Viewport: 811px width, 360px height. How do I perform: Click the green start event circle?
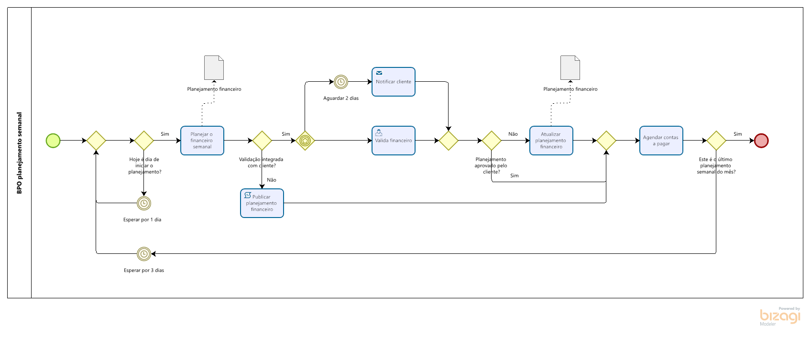(53, 141)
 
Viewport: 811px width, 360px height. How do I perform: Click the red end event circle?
(761, 141)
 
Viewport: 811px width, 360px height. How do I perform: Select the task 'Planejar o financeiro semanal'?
(202, 141)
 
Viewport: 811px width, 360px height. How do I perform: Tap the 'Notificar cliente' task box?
(393, 82)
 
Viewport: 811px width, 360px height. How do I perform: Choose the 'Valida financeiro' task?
(393, 141)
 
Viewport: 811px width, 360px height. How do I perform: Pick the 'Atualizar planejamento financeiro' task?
(551, 141)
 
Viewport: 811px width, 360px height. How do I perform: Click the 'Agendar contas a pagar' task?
(661, 141)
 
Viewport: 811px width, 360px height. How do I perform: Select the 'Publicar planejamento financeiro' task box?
(262, 203)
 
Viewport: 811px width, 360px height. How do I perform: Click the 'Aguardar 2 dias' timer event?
(340, 82)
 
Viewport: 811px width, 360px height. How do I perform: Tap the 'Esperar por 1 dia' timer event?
(144, 203)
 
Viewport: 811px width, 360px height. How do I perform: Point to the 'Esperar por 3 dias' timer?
(144, 254)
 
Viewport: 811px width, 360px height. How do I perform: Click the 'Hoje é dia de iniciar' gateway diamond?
(144, 141)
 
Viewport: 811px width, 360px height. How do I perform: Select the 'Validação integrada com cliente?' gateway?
(262, 141)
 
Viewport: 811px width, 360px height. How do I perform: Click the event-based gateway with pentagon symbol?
(305, 141)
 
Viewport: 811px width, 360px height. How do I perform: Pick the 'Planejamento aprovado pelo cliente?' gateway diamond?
(491, 141)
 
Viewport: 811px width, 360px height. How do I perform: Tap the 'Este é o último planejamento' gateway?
(716, 141)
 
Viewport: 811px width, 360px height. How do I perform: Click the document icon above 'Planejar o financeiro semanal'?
(214, 68)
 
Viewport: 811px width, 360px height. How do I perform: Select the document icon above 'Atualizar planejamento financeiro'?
(570, 68)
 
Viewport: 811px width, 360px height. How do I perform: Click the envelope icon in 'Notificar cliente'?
(379, 73)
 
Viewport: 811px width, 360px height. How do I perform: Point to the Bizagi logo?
(780, 316)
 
